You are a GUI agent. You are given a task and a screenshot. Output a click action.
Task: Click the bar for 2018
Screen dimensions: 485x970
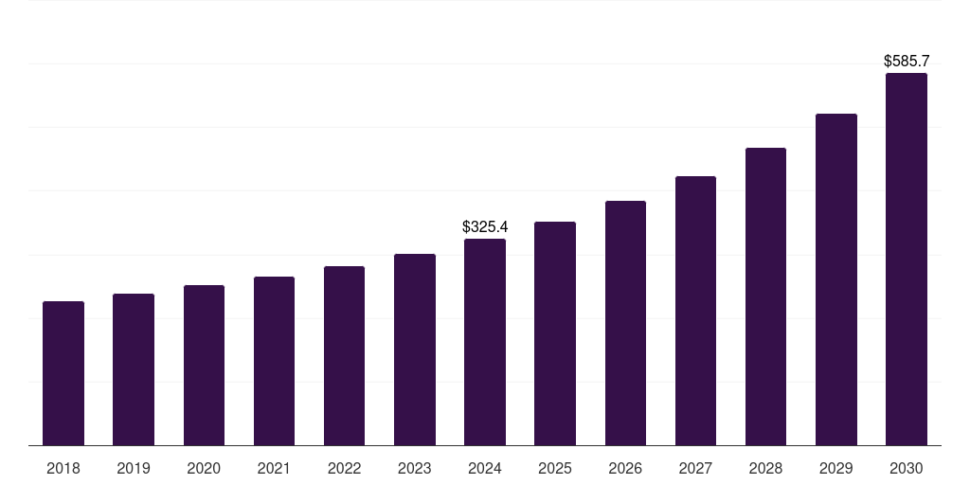pos(63,373)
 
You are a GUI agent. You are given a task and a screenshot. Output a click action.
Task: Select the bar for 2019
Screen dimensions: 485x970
pos(134,369)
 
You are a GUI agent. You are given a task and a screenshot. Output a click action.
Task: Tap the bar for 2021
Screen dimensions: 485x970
pos(274,361)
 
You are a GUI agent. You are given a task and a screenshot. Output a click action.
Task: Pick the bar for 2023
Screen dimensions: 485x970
pos(415,350)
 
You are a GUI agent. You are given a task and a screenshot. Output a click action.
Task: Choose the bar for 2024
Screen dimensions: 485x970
pos(485,342)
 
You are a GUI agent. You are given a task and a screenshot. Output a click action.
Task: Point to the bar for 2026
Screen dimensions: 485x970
pos(625,323)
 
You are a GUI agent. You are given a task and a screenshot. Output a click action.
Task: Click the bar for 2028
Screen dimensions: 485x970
pos(765,296)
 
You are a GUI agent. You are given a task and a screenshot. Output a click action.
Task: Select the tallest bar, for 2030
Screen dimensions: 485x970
pos(907,260)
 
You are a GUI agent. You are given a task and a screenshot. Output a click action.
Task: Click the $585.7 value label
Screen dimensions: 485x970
pos(907,61)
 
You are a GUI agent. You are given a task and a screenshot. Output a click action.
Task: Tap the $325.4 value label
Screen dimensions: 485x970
pos(485,226)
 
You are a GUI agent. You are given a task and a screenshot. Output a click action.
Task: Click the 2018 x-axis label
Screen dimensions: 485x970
pos(63,468)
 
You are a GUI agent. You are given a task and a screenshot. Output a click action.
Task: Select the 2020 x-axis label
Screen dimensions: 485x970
pos(204,468)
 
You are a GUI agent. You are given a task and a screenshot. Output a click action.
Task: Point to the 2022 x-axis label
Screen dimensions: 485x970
pos(344,468)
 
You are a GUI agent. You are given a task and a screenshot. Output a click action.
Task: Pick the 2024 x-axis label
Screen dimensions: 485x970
pos(485,468)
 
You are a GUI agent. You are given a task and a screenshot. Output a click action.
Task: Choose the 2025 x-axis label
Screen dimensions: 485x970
pos(555,468)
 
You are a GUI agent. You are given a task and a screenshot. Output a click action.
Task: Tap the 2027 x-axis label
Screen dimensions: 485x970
pos(695,468)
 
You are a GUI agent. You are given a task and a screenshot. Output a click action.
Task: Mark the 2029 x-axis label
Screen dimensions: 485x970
pos(836,468)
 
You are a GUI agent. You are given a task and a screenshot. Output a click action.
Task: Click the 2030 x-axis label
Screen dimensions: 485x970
pos(907,468)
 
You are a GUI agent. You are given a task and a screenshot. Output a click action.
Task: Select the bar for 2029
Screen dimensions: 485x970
pos(836,279)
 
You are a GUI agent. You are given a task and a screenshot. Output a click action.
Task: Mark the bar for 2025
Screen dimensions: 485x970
pos(555,333)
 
